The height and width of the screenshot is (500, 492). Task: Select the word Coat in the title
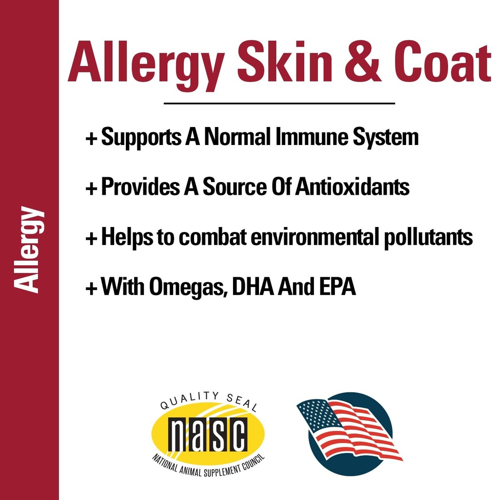pos(442,64)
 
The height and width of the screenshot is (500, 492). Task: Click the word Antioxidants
pos(352,187)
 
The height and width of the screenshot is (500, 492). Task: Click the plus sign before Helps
pos(91,239)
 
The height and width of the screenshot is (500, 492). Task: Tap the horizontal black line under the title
pos(279,104)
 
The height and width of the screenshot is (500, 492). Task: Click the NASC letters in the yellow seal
pos(208,434)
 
